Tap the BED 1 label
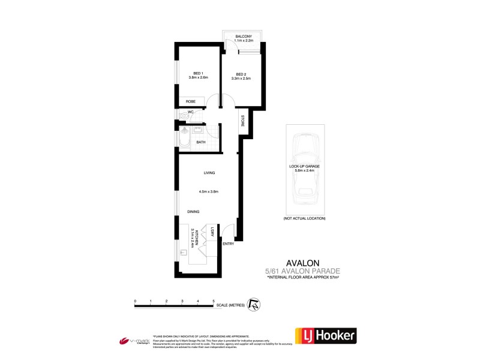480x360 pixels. click(190, 73)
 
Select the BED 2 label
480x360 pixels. click(241, 73)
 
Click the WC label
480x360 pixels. click(190, 112)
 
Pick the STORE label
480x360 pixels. click(242, 121)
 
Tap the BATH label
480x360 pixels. click(201, 142)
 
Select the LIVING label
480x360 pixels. click(209, 173)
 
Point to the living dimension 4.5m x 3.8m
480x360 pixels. click(209, 191)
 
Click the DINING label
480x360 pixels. click(193, 212)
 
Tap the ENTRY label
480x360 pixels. click(228, 244)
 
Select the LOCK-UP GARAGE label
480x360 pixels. click(305, 166)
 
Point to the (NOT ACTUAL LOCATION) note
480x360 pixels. click(305, 218)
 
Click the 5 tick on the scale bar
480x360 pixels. click(214, 301)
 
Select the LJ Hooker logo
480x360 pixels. click(325, 335)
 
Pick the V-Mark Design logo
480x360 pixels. click(133, 340)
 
